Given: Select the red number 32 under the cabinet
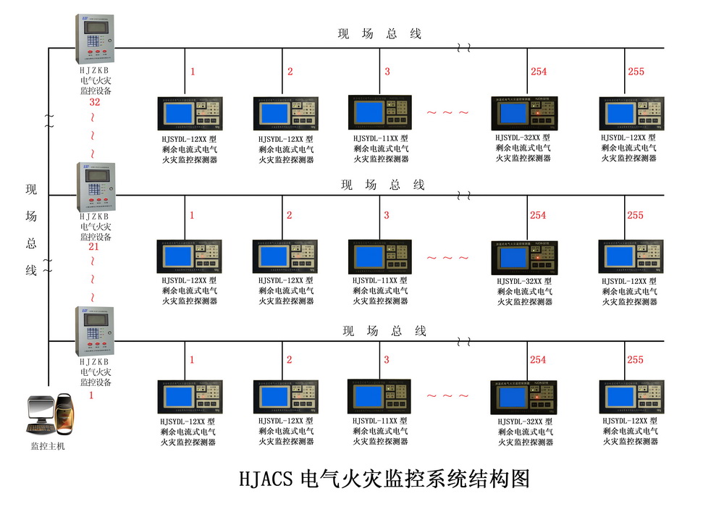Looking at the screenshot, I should [x=94, y=102].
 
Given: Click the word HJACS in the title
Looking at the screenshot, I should [x=265, y=479].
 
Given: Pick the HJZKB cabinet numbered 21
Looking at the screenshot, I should [x=94, y=187].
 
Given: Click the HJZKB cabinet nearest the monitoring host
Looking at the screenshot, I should [x=94, y=331].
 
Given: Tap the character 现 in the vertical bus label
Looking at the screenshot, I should [x=31, y=190].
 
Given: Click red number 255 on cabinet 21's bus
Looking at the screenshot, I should [x=635, y=215].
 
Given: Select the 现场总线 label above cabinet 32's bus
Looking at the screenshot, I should [x=379, y=33].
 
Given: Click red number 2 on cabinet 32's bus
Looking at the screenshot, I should [x=290, y=71].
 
